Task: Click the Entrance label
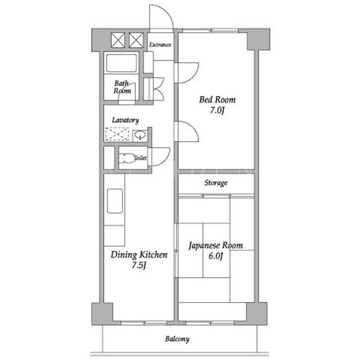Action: (x=160, y=44)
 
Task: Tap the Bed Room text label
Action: (x=217, y=100)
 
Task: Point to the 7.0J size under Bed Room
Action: (x=217, y=110)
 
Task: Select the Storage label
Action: (x=216, y=183)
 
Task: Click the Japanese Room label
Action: (x=215, y=245)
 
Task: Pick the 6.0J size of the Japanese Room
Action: (x=216, y=256)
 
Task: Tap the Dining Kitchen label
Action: (x=139, y=255)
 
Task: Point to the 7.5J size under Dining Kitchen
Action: (x=139, y=265)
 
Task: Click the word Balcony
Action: (x=177, y=339)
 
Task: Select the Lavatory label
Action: (x=125, y=120)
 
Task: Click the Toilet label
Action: (x=140, y=157)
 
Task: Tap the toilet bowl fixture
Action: (x=127, y=157)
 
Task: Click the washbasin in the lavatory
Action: (x=140, y=135)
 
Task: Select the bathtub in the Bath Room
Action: (x=121, y=62)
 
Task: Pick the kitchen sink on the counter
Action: (x=115, y=201)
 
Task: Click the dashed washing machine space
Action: (x=117, y=134)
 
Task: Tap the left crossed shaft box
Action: (x=118, y=40)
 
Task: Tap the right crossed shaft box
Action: (x=136, y=40)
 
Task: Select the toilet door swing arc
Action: (x=166, y=159)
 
